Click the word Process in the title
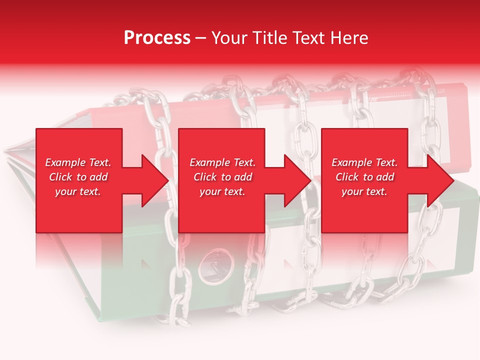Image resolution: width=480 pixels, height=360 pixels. point(157,38)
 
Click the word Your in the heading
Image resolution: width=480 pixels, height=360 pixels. point(230,38)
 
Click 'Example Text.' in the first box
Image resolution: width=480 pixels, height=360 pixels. point(78,162)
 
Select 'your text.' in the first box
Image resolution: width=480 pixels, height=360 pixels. point(78,191)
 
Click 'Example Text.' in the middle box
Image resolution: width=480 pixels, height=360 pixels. point(222,162)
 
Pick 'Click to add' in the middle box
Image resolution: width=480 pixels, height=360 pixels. point(222,177)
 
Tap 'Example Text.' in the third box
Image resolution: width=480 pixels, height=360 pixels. point(364,162)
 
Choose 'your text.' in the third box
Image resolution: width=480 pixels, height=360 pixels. point(364,191)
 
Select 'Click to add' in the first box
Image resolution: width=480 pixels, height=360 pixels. point(78,177)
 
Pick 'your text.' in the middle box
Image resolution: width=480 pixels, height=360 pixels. point(222,191)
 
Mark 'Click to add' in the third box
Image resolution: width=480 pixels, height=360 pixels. point(364,177)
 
